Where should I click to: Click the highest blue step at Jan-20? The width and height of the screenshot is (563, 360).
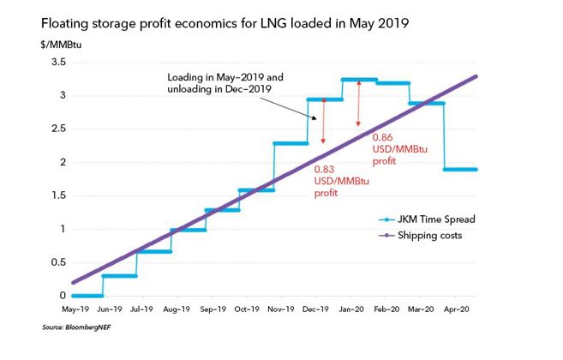pos(358,80)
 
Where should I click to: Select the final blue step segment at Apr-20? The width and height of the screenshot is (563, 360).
pos(460,170)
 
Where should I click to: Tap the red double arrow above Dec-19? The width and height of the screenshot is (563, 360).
pos(324,120)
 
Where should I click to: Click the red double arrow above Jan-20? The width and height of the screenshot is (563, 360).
pos(359,100)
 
